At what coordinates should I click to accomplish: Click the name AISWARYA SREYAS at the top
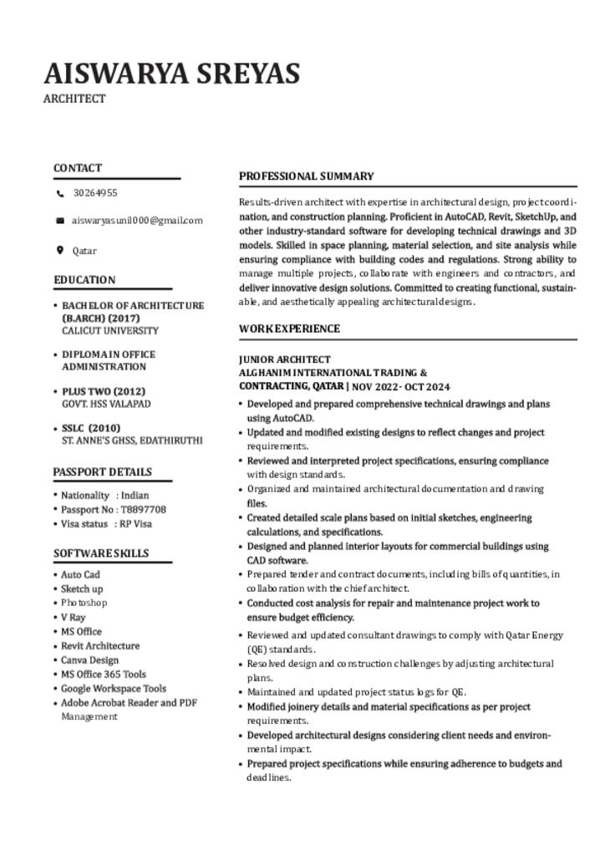click(x=171, y=74)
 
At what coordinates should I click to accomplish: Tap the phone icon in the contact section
click(x=60, y=193)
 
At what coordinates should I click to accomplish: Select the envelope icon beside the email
click(x=60, y=221)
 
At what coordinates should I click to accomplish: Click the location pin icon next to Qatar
click(x=60, y=250)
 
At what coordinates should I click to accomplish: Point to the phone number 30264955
click(x=95, y=193)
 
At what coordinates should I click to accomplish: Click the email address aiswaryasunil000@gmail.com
click(x=137, y=221)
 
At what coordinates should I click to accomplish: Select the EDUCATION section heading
click(x=84, y=280)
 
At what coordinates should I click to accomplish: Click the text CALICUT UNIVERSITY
click(x=109, y=330)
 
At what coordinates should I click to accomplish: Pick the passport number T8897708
click(x=143, y=509)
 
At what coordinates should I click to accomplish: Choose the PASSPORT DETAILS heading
click(x=103, y=471)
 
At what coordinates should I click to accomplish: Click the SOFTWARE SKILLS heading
click(x=101, y=553)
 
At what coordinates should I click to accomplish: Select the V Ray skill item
click(x=74, y=617)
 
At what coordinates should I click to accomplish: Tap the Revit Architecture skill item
click(x=100, y=646)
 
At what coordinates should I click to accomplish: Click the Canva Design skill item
click(x=90, y=660)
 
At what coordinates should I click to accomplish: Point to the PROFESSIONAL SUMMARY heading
click(x=307, y=176)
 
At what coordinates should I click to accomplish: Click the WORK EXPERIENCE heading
click(x=289, y=329)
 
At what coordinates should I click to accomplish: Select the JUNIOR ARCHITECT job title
click(x=285, y=359)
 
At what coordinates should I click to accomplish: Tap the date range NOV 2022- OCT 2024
click(x=401, y=387)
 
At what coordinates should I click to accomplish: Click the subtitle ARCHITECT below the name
click(x=74, y=99)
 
